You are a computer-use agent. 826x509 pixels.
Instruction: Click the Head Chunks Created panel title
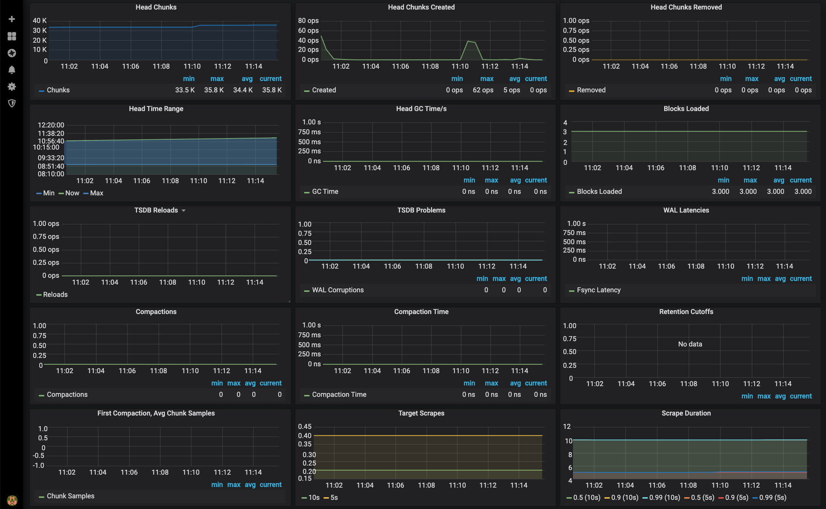[421, 7]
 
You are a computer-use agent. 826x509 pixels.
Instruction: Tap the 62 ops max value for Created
[483, 90]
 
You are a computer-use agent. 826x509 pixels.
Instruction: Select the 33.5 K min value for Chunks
[185, 90]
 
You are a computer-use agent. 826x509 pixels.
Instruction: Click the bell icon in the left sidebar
[12, 70]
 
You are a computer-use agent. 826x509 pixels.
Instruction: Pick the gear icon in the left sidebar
[12, 87]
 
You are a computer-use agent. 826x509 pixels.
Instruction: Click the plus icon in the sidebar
[12, 19]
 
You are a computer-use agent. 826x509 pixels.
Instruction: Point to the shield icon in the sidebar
[12, 103]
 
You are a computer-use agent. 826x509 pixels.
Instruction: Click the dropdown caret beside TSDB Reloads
[184, 211]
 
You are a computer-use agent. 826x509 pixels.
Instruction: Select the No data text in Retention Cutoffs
[690, 344]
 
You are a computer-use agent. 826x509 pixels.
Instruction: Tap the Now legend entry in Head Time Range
[72, 193]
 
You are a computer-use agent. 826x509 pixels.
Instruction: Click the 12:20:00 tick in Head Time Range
[51, 125]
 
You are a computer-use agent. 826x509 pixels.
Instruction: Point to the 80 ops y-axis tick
[308, 21]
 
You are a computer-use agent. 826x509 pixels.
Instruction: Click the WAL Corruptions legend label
[337, 290]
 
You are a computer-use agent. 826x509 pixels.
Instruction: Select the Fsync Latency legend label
[599, 290]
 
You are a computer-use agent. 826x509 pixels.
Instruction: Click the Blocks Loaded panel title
[686, 109]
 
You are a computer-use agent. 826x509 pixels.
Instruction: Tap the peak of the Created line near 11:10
[468, 41]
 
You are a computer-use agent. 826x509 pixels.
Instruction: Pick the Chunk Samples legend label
[70, 496]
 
